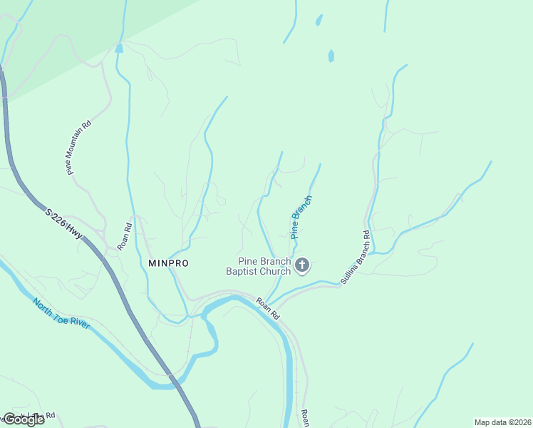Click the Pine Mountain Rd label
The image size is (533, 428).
click(79, 148)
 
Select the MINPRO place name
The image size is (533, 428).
click(168, 263)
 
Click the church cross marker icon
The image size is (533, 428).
click(302, 266)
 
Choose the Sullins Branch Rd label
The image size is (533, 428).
click(355, 258)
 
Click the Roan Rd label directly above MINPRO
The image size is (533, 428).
click(125, 236)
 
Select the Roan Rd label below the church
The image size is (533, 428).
click(269, 307)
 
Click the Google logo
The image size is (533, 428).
click(24, 419)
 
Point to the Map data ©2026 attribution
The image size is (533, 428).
click(502, 422)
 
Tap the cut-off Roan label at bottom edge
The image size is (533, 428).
click(304, 419)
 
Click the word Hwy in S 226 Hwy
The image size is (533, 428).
click(75, 232)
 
